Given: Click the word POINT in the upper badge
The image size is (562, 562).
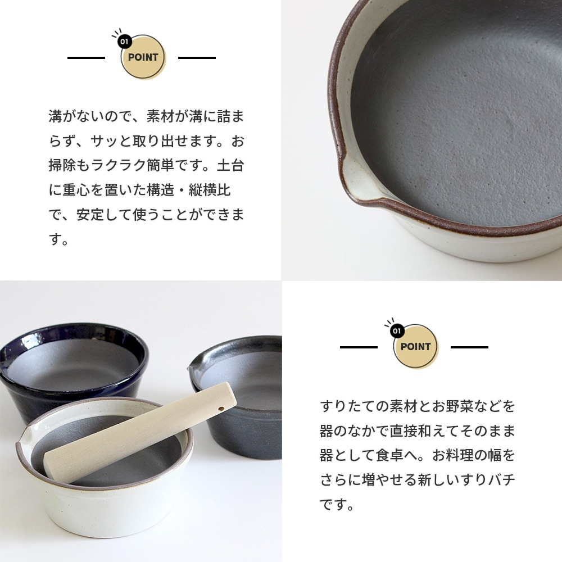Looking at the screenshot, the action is tap(143, 57).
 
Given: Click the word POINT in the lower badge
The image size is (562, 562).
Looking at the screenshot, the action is tap(415, 347).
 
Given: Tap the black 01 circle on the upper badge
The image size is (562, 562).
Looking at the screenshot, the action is tap(124, 42).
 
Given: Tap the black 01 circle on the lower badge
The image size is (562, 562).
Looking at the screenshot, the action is tap(397, 331).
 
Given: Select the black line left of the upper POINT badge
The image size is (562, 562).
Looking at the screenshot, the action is tap(86, 58).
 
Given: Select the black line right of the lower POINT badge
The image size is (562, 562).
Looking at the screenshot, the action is tap(469, 347).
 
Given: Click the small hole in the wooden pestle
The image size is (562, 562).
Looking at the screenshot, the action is tap(221, 409).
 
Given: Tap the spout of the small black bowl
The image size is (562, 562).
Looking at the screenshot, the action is tap(193, 366).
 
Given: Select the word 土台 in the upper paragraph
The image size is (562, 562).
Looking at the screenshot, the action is tap(230, 166).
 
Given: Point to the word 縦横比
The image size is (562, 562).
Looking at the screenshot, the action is tap(209, 190).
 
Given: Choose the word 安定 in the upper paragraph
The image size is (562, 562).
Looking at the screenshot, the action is tap(90, 214).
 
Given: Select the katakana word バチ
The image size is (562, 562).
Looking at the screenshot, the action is tap(502, 479).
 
